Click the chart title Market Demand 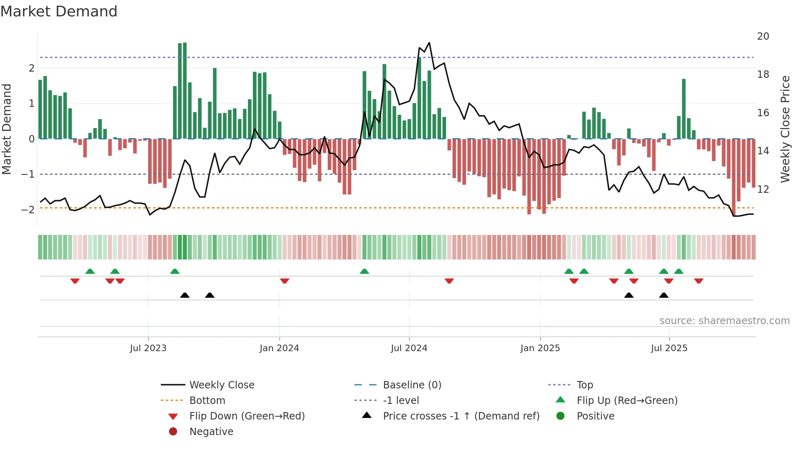59,11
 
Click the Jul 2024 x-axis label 409,348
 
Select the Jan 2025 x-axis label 540,348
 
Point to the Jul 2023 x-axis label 148,348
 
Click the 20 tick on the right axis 763,36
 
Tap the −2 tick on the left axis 28,210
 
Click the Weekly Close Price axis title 785,129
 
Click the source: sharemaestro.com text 724,320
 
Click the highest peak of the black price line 429,43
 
